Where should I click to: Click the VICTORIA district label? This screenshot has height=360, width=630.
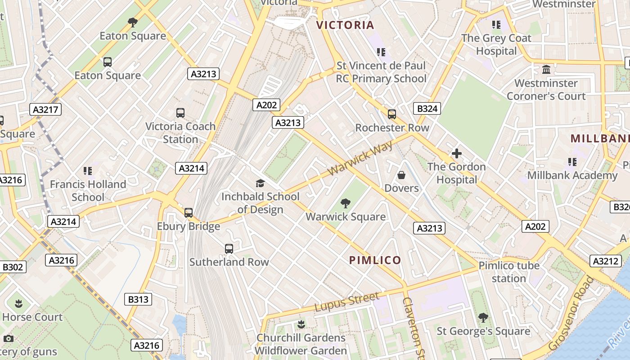pos(345,25)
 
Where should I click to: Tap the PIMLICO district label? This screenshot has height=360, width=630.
pos(375,260)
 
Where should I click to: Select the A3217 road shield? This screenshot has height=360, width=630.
pos(47,109)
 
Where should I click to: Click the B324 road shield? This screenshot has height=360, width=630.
pos(427,108)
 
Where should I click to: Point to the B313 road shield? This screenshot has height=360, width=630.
pos(138,299)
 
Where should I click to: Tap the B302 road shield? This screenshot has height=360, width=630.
pos(13,267)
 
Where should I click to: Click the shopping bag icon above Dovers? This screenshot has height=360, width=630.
pos(401,175)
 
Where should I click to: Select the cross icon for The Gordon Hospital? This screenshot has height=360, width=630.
pos(457,153)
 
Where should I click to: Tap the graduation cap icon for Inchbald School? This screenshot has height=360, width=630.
pos(260,183)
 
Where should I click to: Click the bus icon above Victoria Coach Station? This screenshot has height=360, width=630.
pos(180,113)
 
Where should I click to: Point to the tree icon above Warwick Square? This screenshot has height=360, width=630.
pos(346,203)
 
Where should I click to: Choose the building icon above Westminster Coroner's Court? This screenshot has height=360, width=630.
pos(546,70)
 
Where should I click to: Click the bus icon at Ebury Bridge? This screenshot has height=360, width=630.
pos(189,213)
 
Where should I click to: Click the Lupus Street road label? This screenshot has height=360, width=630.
pos(346,302)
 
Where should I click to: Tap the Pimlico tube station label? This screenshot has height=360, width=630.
pos(508,272)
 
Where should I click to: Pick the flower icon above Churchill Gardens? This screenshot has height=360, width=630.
pos(301,324)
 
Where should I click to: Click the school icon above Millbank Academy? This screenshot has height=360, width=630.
pos(572,162)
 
